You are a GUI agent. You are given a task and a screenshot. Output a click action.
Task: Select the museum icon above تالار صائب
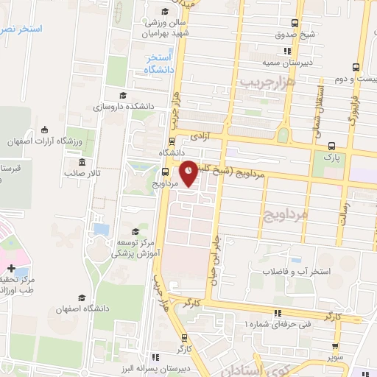pos(80,162)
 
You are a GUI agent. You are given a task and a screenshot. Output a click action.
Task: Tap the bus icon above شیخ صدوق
pos(295,23)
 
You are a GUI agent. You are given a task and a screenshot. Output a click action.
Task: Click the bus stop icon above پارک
pos(332,145)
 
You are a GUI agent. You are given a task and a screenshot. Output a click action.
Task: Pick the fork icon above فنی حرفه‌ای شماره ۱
pos(277,312)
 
